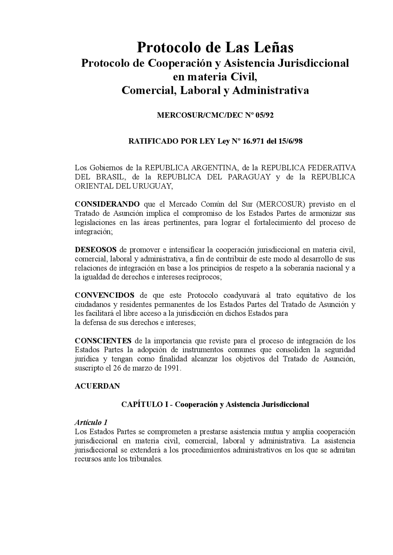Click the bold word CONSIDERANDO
[107, 204]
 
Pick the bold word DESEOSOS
[95, 250]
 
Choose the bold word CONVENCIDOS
[104, 295]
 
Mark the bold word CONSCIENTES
[103, 341]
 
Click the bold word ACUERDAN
[97, 386]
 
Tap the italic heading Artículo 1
[91, 423]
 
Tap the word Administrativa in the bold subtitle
[270, 91]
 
